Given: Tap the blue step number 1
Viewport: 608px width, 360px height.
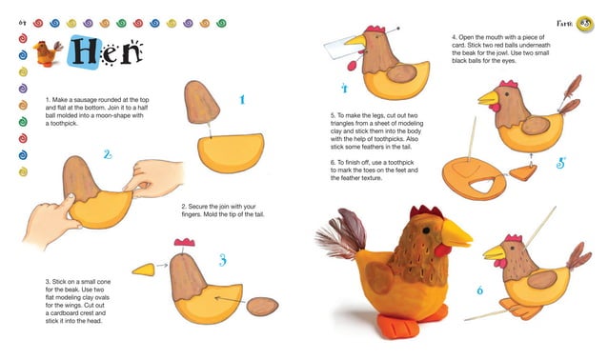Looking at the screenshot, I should pos(243,99).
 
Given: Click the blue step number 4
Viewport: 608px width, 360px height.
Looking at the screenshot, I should pos(344,89).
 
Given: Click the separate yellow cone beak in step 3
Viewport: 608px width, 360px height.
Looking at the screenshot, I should pos(143,270).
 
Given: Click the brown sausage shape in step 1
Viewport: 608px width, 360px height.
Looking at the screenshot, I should pos(201,104).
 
